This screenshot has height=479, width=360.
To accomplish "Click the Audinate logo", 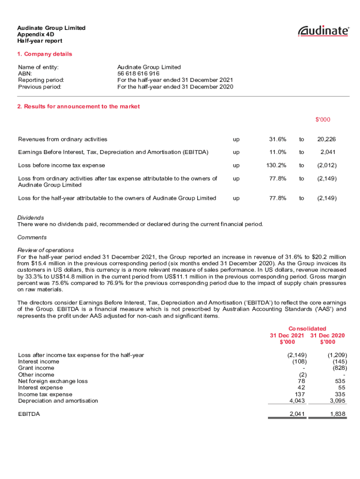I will pyautogui.click(x=324, y=31).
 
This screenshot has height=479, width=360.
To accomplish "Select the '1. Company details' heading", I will pyautogui.click(x=45, y=54).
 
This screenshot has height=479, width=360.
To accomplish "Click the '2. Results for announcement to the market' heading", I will pyautogui.click(x=79, y=107).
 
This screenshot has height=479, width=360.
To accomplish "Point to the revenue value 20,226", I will pyautogui.click(x=326, y=139).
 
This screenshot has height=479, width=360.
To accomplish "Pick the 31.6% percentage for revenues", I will pyautogui.click(x=278, y=139).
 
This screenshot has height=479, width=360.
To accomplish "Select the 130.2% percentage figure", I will pyautogui.click(x=276, y=166).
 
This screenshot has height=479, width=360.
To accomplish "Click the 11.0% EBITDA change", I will pyautogui.click(x=278, y=152).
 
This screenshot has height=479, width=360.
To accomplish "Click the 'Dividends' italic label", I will pyautogui.click(x=30, y=218).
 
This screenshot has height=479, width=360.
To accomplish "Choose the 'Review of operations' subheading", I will pyautogui.click(x=45, y=250).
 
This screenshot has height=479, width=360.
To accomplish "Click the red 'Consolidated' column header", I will pyautogui.click(x=307, y=329).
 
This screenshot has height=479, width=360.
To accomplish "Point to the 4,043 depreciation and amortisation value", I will pyautogui.click(x=298, y=401).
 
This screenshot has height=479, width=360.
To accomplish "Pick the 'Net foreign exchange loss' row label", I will pyautogui.click(x=53, y=381).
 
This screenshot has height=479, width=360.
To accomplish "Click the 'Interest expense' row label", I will pyautogui.click(x=40, y=388).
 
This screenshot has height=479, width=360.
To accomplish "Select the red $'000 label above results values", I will pyautogui.click(x=323, y=120).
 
